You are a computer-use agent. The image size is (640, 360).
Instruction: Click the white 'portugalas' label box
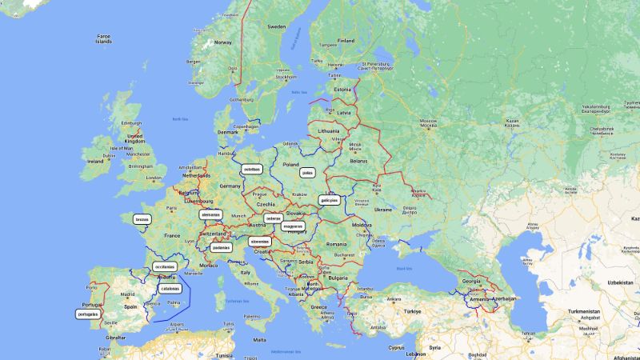pos(88,314)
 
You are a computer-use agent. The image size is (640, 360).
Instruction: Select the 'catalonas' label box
pos(170,288)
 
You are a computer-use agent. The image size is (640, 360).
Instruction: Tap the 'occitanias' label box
pos(165,267)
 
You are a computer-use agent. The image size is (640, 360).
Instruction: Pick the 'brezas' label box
pos(142,218)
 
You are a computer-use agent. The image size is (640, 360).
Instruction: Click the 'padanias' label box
pos(222,247)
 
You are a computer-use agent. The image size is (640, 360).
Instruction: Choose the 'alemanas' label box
pos(210,214)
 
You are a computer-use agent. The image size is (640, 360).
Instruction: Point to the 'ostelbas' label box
pos(252,169)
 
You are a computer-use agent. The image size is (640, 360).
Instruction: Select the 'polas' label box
pos(308,172)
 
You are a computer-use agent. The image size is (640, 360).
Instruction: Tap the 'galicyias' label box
pos(330,200)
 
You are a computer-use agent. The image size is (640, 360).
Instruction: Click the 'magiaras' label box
pos(293,226)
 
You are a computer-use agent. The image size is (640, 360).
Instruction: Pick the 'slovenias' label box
pos(259,240)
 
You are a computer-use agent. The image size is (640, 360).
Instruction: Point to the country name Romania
pos(336,244)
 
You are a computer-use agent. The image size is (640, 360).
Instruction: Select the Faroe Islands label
pos(104,39)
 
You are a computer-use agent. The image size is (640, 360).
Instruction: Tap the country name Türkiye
pos(412,310)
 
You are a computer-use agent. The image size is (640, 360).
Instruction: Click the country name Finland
pos(346,41)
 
